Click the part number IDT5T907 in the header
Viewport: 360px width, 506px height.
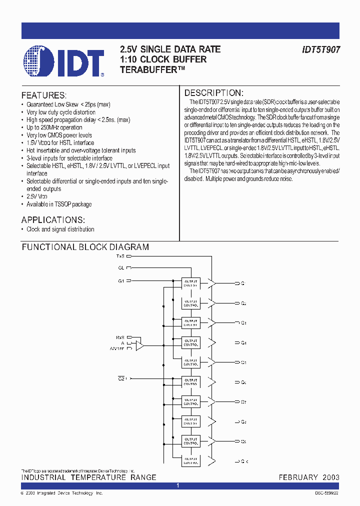click(321, 50)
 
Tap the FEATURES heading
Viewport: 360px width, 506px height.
click(44, 95)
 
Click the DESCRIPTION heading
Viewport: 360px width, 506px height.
click(213, 93)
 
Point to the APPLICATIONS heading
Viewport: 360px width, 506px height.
click(53, 220)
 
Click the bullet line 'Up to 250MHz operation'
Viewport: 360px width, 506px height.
click(54, 127)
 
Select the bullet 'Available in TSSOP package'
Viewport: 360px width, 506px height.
click(59, 204)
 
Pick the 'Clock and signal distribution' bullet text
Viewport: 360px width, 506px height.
click(60, 229)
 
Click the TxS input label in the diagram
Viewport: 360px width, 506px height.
click(120, 255)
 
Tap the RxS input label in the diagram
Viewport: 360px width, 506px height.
click(120, 337)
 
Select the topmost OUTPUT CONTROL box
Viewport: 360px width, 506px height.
click(190, 283)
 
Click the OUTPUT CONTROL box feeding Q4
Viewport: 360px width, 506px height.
click(190, 342)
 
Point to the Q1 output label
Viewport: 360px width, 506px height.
click(243, 283)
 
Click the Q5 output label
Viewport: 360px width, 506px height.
click(243, 362)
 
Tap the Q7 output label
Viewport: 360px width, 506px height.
click(243, 402)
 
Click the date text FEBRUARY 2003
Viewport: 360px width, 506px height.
click(308, 477)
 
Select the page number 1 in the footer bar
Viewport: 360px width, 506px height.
click(178, 486)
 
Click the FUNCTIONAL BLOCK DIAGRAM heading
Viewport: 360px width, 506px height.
click(85, 247)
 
